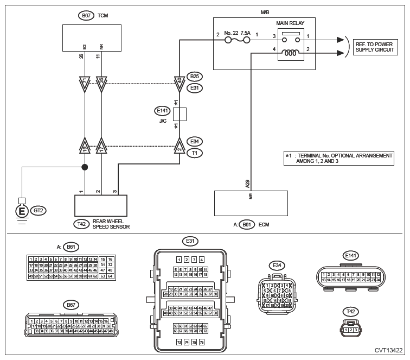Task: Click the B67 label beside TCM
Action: tap(86, 16)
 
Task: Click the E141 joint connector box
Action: tap(180, 113)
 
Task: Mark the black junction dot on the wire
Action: tap(85, 168)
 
